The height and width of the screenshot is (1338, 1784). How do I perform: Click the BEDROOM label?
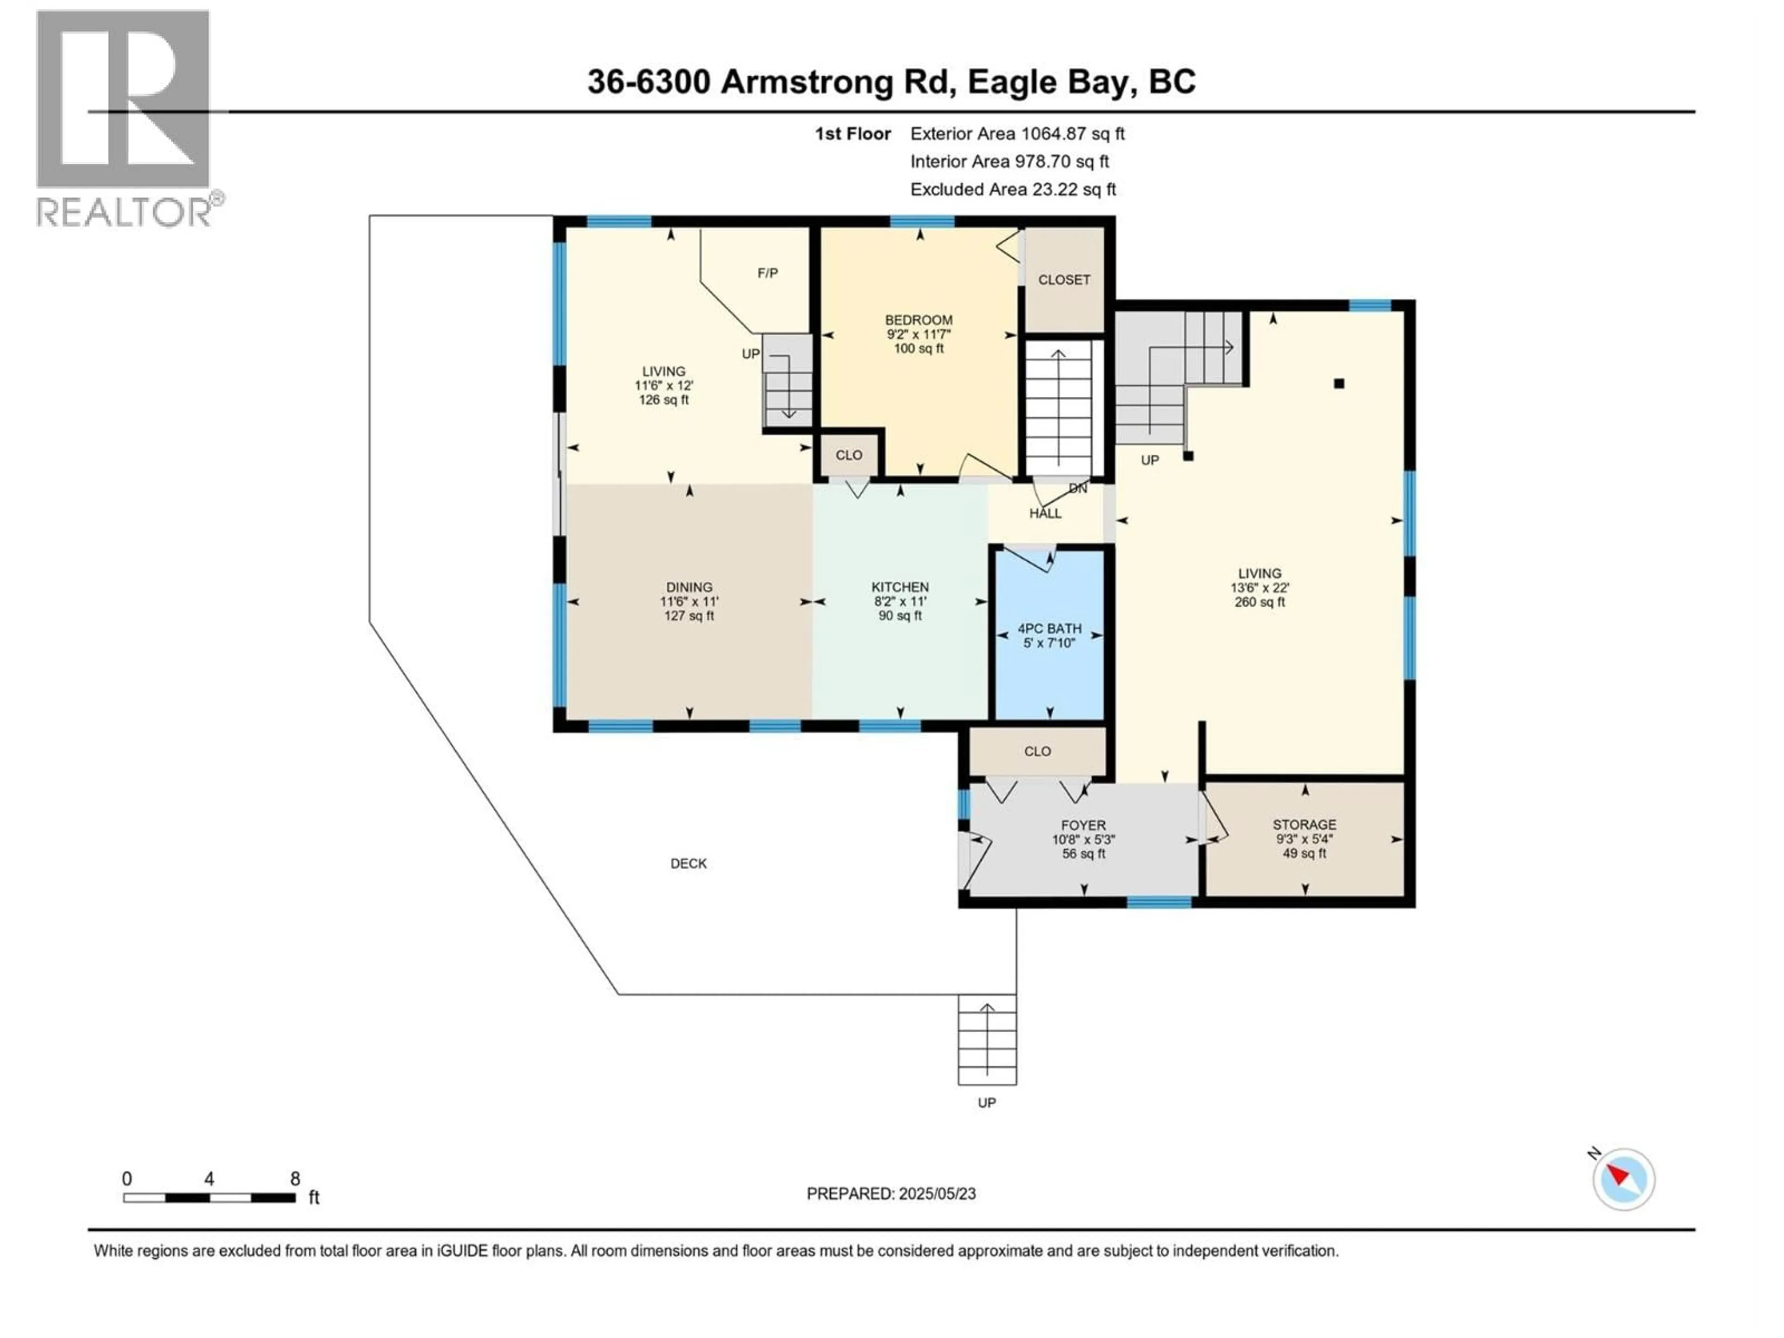click(x=918, y=320)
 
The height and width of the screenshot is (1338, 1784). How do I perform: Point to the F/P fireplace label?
click(x=767, y=273)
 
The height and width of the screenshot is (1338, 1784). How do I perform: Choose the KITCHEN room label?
click(x=899, y=587)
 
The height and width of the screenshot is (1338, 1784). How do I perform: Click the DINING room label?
click(x=689, y=587)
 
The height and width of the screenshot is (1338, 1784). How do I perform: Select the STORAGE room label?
click(x=1304, y=824)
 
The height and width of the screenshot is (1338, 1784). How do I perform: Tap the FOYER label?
click(x=1082, y=825)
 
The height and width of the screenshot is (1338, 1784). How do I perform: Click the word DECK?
click(x=688, y=864)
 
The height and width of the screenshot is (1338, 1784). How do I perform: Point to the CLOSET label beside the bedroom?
click(x=1064, y=280)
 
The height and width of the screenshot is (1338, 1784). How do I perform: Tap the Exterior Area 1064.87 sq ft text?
click(x=1017, y=134)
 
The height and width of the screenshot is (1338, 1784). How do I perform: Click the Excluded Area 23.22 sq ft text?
click(x=1013, y=190)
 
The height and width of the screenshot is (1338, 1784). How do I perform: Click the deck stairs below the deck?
click(x=986, y=1040)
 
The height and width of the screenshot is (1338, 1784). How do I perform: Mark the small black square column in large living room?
click(x=1339, y=384)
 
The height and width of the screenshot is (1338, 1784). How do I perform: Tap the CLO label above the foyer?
click(x=1037, y=752)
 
